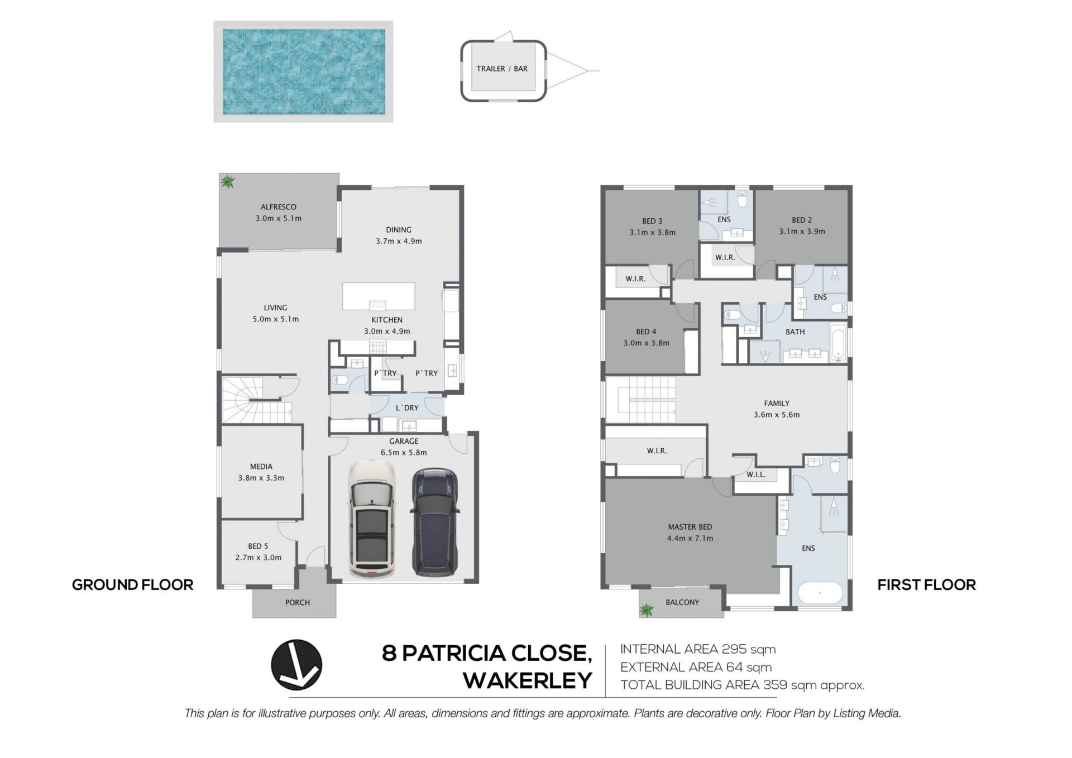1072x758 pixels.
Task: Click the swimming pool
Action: pos(303,71)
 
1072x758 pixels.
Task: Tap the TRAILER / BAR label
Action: pos(502,69)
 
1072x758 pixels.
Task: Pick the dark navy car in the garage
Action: pos(434,522)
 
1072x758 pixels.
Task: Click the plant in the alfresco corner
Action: pos(227,181)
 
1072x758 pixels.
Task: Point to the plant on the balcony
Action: pos(647,610)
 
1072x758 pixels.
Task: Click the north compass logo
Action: pos(296,665)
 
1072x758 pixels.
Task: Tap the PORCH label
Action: pos(298,602)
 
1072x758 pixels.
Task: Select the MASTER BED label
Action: pos(690,526)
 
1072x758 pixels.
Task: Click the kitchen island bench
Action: pos(379,296)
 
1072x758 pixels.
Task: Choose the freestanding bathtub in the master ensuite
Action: pos(820,593)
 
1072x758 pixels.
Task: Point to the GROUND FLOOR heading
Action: pos(133,585)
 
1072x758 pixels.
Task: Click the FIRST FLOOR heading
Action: pos(927,585)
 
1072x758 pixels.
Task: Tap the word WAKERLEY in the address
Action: pos(528,680)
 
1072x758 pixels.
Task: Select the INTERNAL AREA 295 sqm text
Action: pos(698,649)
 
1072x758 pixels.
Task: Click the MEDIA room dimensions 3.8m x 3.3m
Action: pos(261,478)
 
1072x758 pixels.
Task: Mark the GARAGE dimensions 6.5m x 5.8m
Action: pos(404,453)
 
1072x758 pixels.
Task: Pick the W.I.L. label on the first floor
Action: pos(757,474)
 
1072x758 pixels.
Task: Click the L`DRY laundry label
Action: pos(407,407)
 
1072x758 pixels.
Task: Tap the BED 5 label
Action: pos(258,546)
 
